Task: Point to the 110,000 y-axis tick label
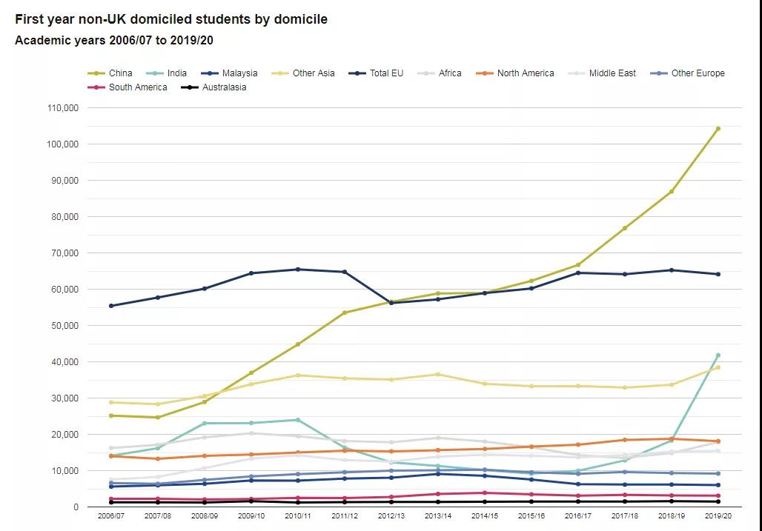[63, 108]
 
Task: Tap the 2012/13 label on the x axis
[391, 516]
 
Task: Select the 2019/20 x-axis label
[718, 516]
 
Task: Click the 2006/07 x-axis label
[111, 516]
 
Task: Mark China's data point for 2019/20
[718, 129]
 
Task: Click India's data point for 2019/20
[718, 355]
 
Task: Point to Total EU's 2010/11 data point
[298, 270]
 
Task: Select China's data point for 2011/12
[345, 313]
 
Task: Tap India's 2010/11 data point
[298, 420]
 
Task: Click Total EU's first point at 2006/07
[111, 306]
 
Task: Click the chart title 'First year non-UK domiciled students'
[171, 19]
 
